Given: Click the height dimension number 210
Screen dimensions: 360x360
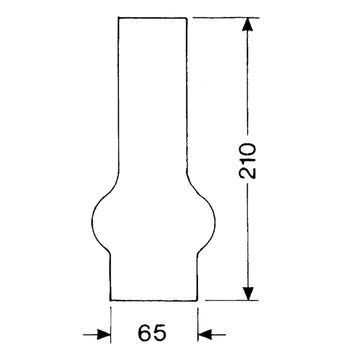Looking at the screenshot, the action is click(248, 161).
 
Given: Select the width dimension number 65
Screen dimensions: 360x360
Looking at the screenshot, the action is click(152, 332).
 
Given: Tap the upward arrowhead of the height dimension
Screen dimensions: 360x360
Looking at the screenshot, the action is click(247, 24).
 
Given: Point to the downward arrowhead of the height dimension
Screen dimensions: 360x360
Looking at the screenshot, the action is click(248, 293).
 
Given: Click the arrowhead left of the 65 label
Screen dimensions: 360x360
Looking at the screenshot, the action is click(104, 334).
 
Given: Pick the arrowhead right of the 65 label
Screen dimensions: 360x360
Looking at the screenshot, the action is click(205, 334).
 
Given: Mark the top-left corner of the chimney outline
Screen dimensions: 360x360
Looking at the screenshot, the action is click(119, 18).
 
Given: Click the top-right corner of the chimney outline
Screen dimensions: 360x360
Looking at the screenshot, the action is click(186, 18).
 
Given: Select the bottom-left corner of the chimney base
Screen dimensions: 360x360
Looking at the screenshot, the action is click(111, 300).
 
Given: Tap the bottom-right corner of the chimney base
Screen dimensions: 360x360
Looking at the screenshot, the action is click(197, 300).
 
